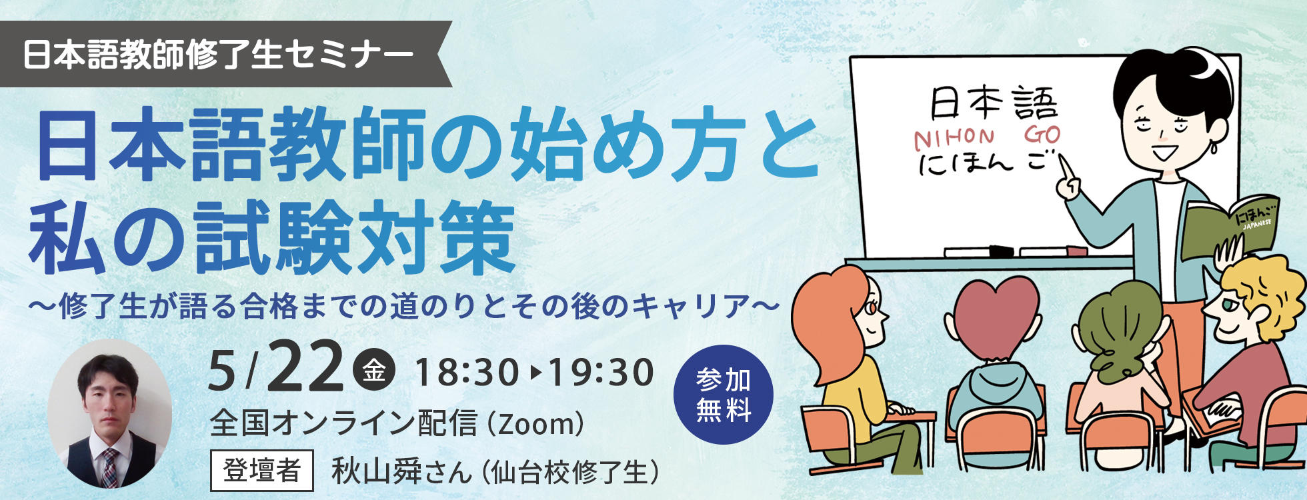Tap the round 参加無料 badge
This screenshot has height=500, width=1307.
tap(724, 394)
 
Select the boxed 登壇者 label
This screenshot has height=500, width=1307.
tap(261, 471)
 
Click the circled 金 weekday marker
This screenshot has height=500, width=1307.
tap(373, 371)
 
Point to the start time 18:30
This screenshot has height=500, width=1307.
tap(467, 372)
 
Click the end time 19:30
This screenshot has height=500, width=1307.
tap(600, 372)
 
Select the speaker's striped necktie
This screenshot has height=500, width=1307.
tap(109, 467)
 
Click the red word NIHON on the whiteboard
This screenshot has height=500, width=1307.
tap(954, 138)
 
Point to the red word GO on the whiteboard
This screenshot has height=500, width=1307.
tap(1042, 135)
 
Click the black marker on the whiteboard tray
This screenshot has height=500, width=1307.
tap(1000, 251)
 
